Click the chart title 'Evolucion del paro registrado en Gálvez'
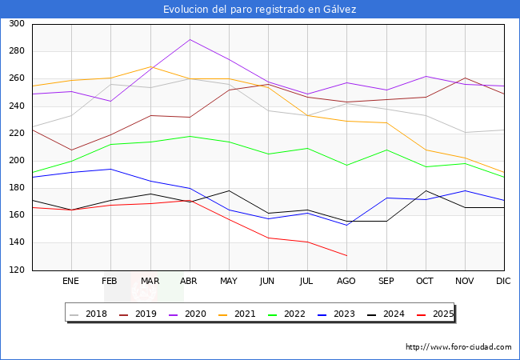260,10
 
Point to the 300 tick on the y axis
16,24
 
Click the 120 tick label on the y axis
16,270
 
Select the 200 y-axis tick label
16,161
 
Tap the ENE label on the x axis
71,282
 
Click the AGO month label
346,282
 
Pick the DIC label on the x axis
503,282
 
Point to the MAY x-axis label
229,282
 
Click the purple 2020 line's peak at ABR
190,39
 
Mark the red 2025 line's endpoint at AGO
346,255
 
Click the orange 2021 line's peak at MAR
150,66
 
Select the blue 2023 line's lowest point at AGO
346,225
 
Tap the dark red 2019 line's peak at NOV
464,78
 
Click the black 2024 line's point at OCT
425,190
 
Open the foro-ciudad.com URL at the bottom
458,347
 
